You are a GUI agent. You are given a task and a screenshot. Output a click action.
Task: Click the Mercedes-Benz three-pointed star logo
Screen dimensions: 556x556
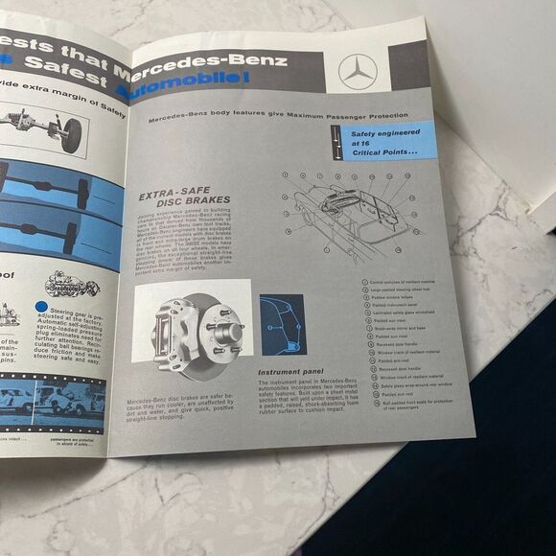point(358,72)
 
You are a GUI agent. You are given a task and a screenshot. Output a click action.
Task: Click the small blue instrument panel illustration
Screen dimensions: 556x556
point(283,324)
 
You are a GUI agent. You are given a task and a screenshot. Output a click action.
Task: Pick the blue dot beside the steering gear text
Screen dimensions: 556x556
point(40,307)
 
